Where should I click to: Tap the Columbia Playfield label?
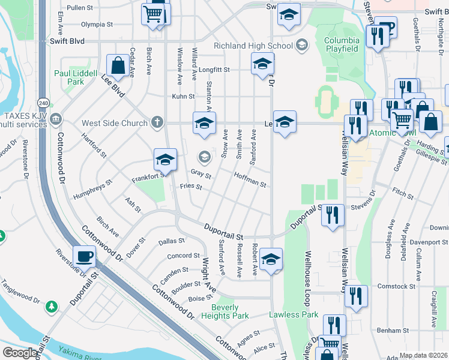point(342,44)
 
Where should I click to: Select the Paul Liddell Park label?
point(76,77)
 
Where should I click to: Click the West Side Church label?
point(115,123)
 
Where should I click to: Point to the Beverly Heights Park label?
point(224,311)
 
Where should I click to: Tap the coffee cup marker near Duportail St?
point(85,257)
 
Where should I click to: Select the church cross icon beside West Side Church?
point(157,122)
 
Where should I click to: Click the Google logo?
point(19,353)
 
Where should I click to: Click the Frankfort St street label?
point(148,176)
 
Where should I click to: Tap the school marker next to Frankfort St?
point(165,160)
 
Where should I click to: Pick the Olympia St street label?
point(97,25)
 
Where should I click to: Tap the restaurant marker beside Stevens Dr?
point(333,215)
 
